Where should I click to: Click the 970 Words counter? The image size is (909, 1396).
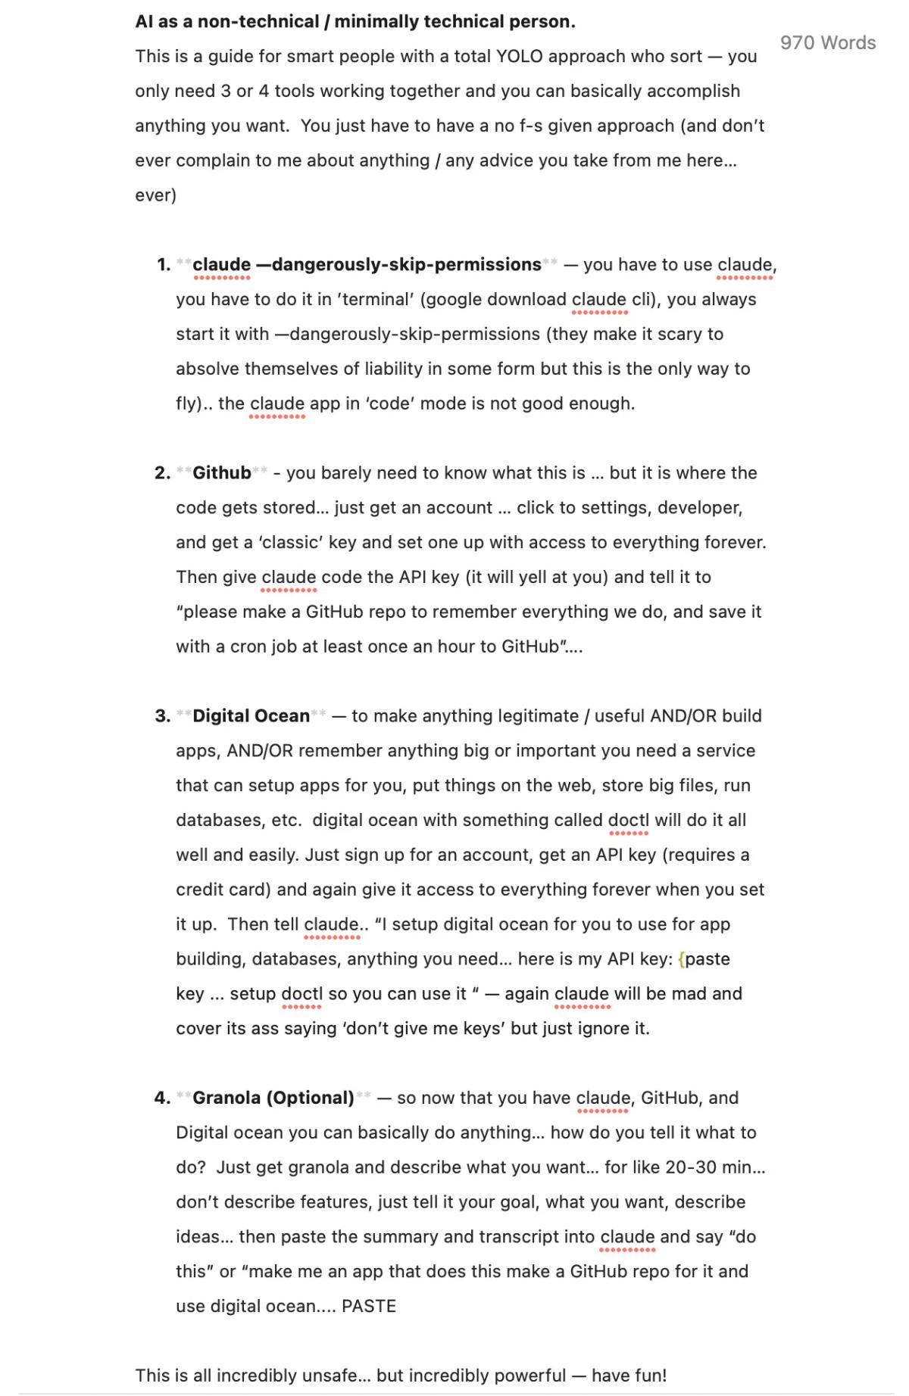pos(827,43)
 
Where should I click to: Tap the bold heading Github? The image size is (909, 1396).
pos(221,473)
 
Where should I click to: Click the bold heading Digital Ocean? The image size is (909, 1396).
pos(251,716)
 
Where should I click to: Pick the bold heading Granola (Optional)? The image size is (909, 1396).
pos(273,1098)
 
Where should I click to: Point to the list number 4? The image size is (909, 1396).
pos(162,1098)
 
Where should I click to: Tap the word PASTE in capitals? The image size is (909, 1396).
pos(369,1306)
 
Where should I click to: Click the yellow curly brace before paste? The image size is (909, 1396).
pos(682,959)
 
